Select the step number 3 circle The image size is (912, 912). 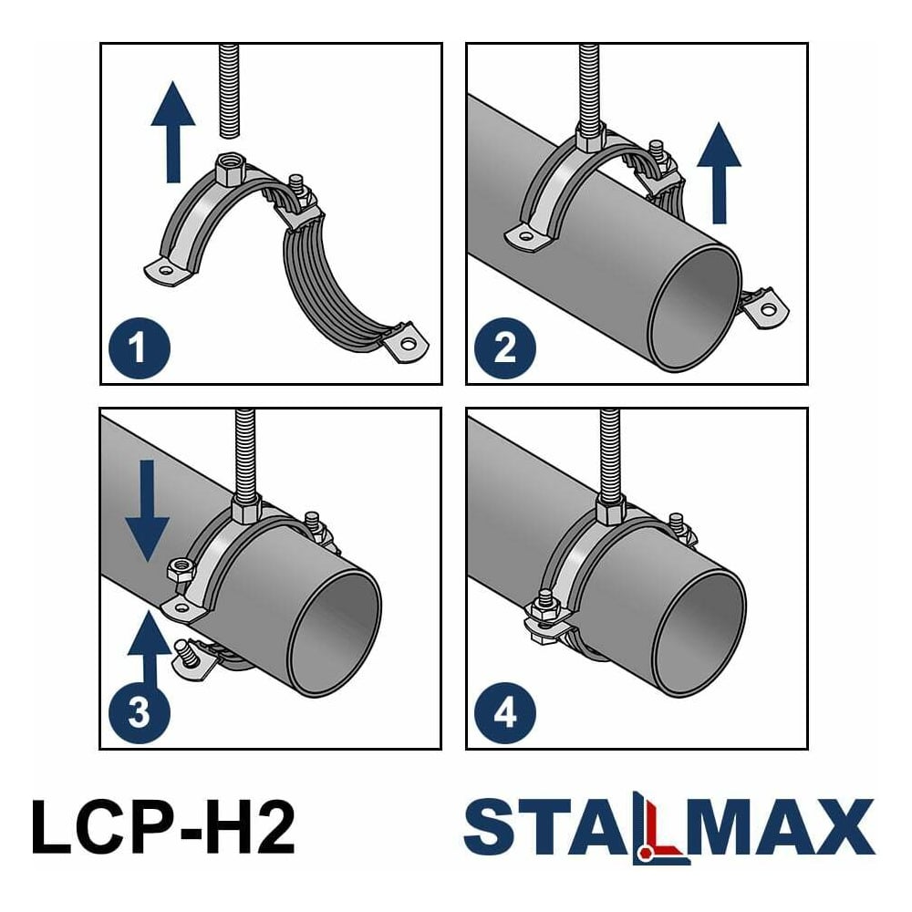pyautogui.click(x=140, y=712)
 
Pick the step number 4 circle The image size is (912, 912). pyautogui.click(x=505, y=712)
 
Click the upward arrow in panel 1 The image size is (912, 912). pyautogui.click(x=172, y=132)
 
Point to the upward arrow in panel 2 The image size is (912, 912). pyautogui.click(x=719, y=172)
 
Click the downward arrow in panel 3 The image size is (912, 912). pyautogui.click(x=148, y=512)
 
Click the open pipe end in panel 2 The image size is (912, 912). pyautogui.click(x=694, y=308)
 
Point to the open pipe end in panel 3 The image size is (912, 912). pyautogui.click(x=335, y=633)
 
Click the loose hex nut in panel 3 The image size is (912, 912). pyautogui.click(x=181, y=569)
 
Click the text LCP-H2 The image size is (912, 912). pyautogui.click(x=163, y=826)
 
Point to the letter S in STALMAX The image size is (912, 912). pyautogui.click(x=489, y=826)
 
